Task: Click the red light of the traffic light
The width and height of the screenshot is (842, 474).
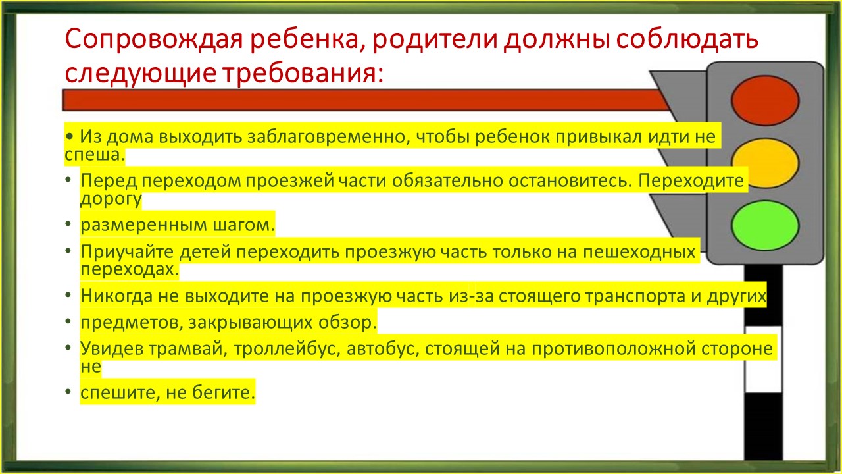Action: pyautogui.click(x=765, y=101)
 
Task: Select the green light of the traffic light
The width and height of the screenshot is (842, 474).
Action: pyautogui.click(x=765, y=225)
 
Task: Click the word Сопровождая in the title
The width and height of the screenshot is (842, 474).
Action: pyautogui.click(x=154, y=39)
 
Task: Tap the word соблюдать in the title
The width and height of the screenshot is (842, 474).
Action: pyautogui.click(x=687, y=39)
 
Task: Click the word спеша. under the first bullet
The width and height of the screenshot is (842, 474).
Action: pyautogui.click(x=95, y=155)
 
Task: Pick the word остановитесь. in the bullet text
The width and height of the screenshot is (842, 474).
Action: pyautogui.click(x=570, y=180)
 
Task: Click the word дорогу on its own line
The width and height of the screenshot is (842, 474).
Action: pyautogui.click(x=111, y=199)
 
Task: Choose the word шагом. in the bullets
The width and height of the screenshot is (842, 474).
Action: pyautogui.click(x=244, y=225)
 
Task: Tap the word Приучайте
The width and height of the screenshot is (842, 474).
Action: pyautogui.click(x=128, y=251)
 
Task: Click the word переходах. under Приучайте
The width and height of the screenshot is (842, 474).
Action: pyautogui.click(x=130, y=270)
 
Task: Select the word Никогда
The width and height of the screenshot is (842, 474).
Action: pyautogui.click(x=116, y=296)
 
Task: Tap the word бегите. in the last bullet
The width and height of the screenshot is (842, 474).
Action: pyautogui.click(x=224, y=393)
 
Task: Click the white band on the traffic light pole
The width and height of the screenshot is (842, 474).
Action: pyautogui.click(x=764, y=359)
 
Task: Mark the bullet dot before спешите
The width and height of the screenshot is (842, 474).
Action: pyautogui.click(x=68, y=392)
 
